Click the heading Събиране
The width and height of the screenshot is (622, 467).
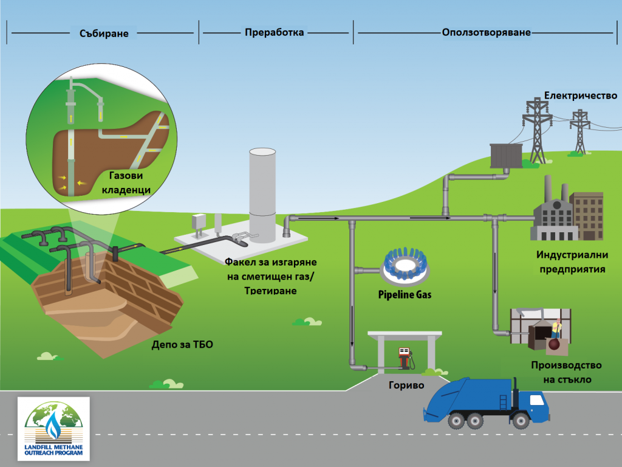click(104, 33)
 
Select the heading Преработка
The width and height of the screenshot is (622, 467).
click(274, 32)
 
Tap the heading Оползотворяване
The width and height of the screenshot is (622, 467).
click(487, 32)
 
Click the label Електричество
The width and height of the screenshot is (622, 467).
click(580, 95)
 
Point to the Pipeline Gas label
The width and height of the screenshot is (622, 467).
click(405, 294)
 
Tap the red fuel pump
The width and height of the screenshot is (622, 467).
click(404, 358)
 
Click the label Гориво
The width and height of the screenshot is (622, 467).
click(406, 385)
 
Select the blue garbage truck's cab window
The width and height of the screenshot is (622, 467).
click(537, 399)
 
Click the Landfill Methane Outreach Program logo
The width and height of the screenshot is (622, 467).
click(53, 429)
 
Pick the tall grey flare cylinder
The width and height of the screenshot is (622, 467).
click(262, 195)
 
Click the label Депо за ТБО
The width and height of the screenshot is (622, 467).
click(182, 344)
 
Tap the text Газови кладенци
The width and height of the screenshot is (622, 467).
click(126, 182)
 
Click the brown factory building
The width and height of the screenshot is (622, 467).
click(587, 216)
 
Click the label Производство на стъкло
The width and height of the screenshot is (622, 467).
click(567, 372)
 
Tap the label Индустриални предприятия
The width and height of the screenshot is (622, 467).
click(572, 261)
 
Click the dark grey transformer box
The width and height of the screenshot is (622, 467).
click(506, 156)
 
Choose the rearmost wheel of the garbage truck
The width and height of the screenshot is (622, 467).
click(456, 421)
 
